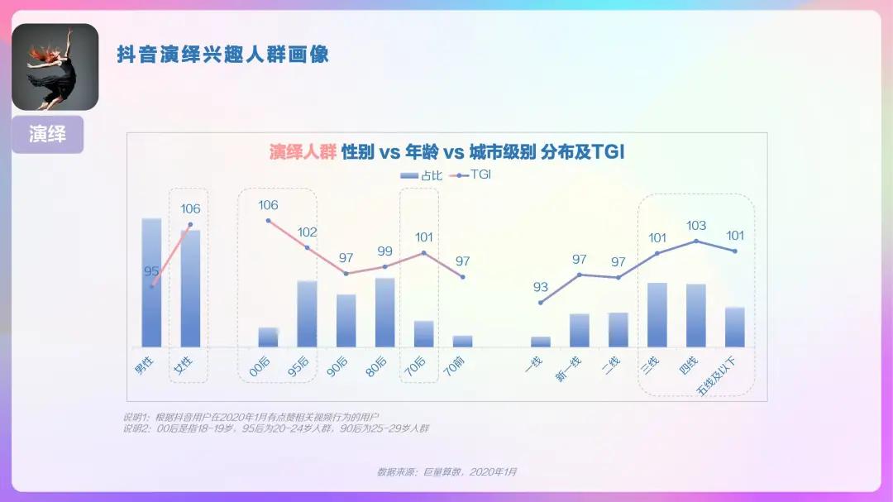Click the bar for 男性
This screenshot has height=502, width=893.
[151, 282]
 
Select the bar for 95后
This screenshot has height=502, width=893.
[307, 313]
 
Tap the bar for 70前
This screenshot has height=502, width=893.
[462, 341]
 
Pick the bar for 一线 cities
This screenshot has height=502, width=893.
[541, 342]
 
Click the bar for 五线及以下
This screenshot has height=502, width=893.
[735, 327]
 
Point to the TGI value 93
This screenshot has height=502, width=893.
[540, 288]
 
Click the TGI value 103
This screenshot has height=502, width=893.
[696, 226]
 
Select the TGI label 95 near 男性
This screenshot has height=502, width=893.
[151, 271]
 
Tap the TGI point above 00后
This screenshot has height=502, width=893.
[269, 221]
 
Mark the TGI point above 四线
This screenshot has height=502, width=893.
[696, 241]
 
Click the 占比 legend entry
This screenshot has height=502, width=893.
[421, 175]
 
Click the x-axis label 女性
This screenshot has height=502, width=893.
[184, 366]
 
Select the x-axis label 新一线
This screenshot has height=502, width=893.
[570, 367]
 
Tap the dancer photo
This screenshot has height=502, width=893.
[55, 67]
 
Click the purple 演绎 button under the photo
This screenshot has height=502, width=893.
[47, 134]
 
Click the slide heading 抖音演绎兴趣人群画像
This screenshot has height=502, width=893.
[222, 55]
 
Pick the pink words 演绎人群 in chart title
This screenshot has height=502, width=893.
[303, 152]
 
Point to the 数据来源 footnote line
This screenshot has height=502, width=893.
[446, 471]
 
